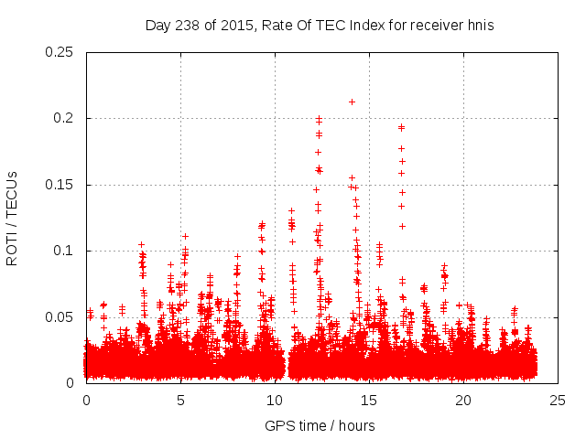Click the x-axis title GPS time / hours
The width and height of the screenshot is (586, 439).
point(320,425)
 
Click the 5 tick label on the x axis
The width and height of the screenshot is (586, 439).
point(180,401)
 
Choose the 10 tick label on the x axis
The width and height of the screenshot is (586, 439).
point(275,401)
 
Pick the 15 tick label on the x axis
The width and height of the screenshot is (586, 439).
point(369,401)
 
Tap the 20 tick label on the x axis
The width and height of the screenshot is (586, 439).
point(463,401)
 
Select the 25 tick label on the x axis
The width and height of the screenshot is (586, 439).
point(558,401)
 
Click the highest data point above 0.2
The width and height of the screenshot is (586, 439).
point(352,102)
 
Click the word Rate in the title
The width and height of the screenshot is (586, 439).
point(277,26)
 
